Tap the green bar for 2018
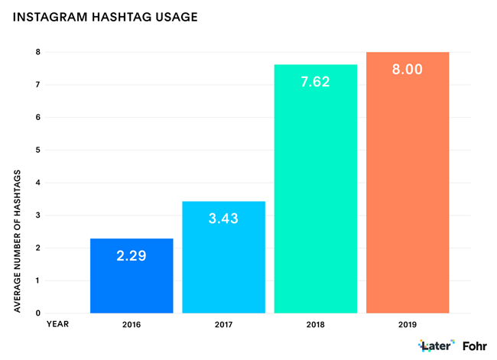coord(316,199)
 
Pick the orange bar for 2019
coord(408,191)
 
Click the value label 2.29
coord(132,256)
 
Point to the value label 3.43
coord(223,219)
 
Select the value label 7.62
coord(316,81)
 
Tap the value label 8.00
coord(408,69)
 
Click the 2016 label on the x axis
coord(132,324)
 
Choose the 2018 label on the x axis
coord(316,324)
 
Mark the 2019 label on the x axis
coord(408,324)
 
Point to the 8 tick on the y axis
coord(37,52)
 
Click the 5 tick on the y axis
coord(37,150)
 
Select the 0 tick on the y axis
coord(37,313)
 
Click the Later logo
coord(436,345)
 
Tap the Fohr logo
coord(475,345)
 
